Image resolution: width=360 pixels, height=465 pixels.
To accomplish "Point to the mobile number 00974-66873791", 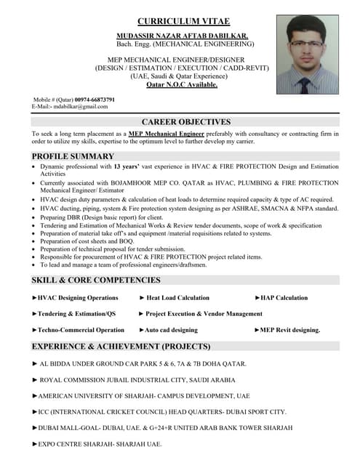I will pyautogui.click(x=87, y=99).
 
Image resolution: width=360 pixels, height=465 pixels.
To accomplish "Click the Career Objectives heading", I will pyautogui.click(x=186, y=122).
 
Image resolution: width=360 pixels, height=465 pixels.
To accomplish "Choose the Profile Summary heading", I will pyautogui.click(x=73, y=156).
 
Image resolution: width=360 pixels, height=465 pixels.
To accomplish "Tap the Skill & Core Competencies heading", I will pyautogui.click(x=95, y=280).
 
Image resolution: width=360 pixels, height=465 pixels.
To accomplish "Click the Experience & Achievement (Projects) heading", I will pyautogui.click(x=121, y=347).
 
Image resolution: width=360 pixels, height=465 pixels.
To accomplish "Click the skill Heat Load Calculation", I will pyautogui.click(x=177, y=298).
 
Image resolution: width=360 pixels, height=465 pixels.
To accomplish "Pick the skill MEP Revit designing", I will pyautogui.click(x=289, y=330).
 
